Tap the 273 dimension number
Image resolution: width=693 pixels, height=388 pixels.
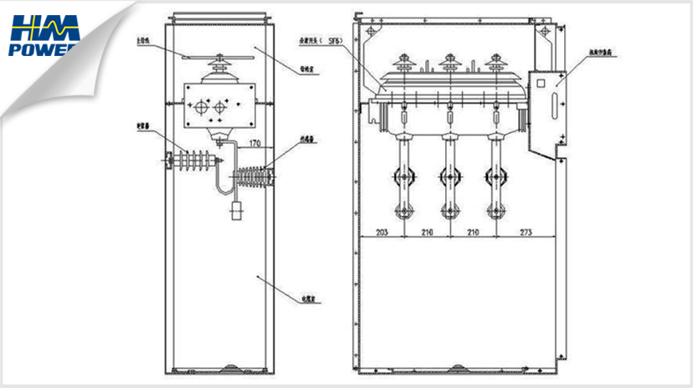(525, 230)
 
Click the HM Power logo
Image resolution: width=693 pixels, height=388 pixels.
(44, 35)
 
